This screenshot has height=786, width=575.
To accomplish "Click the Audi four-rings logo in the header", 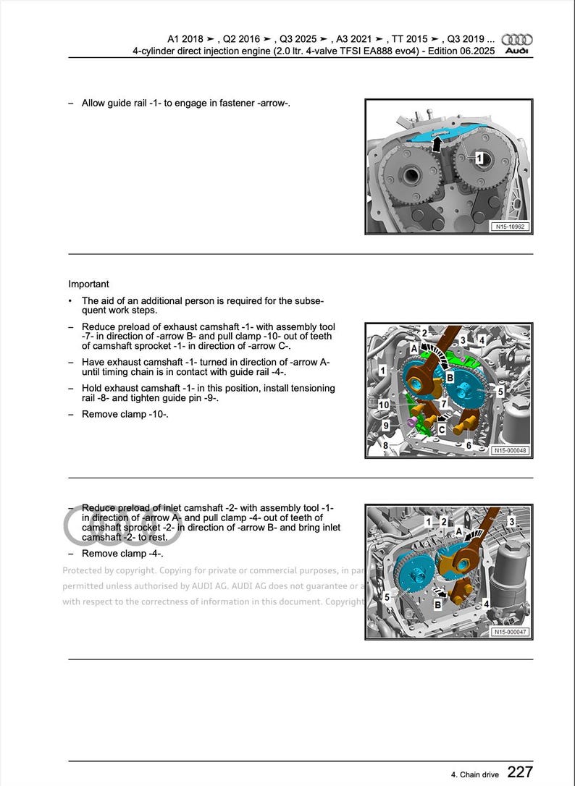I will (517, 40).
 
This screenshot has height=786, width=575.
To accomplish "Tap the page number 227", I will (520, 772).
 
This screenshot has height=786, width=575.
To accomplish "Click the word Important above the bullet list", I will (89, 284).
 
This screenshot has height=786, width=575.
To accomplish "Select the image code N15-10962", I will (510, 227).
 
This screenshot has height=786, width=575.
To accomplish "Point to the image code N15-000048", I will (510, 450).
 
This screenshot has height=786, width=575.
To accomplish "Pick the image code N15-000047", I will (510, 632).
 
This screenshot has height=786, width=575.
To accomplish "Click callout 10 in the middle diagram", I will (383, 404).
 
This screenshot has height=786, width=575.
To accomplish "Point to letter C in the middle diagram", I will (441, 429).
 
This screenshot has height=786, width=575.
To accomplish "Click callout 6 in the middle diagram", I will (469, 445).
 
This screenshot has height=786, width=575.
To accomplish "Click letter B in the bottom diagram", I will (437, 604).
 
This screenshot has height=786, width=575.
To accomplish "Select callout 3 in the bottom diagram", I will (511, 521).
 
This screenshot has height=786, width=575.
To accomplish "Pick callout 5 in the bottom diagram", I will (387, 597).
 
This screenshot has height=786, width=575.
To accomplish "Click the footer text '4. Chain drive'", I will (474, 774).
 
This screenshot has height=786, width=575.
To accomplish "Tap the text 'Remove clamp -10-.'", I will (125, 414).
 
